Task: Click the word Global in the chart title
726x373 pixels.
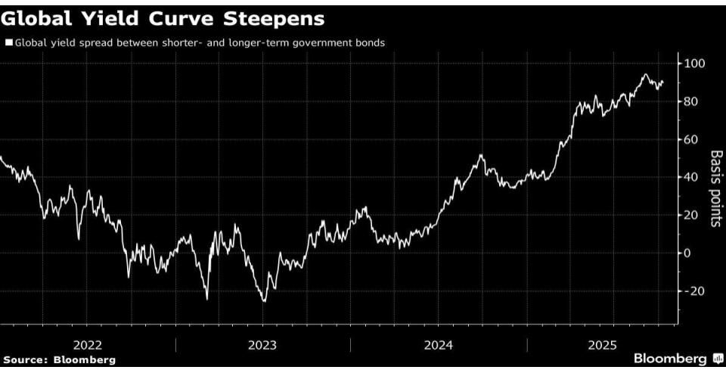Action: point(37,18)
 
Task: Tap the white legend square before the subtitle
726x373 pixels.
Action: point(8,43)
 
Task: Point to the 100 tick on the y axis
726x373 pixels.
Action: point(695,63)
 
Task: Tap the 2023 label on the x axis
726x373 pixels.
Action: point(262,344)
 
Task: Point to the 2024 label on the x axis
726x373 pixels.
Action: point(439,344)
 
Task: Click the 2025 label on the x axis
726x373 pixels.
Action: point(603,344)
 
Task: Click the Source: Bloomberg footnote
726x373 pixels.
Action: point(59,359)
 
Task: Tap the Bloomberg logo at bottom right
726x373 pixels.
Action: point(676,358)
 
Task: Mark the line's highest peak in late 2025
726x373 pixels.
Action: point(645,74)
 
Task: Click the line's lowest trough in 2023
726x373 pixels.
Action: point(264,301)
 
